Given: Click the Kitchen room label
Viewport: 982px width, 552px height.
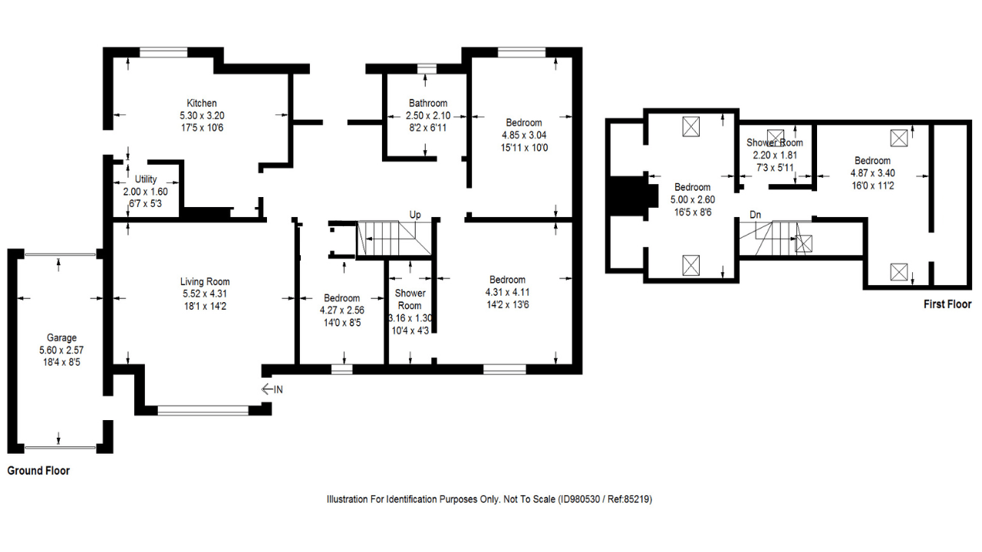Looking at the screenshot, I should pos(202,103).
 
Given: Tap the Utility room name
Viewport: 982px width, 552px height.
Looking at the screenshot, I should pos(146,179).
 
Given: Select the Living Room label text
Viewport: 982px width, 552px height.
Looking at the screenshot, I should pos(205,282).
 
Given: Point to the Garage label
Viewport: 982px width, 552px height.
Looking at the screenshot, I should pos(62,338).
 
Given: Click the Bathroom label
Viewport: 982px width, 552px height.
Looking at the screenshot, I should pos(427,103).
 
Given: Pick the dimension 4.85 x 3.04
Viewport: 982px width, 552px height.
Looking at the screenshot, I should pos(524,135).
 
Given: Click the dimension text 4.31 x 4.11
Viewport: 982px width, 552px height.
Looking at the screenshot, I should pos(507,292).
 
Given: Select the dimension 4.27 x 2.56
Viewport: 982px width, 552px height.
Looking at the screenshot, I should pos(341,310).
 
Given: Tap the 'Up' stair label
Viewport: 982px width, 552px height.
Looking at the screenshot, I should pos(415,215).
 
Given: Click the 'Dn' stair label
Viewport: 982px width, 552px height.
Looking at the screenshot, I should pos(756,215).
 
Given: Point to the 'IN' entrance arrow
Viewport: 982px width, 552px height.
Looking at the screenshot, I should pos(272,389).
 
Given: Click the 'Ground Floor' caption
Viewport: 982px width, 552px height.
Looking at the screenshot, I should pos(38,471).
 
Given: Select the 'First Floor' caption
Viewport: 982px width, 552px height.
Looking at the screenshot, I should pos(947,304).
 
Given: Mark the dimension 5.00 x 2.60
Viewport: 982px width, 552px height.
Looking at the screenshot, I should pos(692,199).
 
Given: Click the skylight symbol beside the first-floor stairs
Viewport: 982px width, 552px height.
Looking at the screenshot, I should pos(803,244).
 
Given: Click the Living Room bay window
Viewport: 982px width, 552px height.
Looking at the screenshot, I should pos(203,410).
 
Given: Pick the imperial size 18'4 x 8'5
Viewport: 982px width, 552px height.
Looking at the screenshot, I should pos(62,361).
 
